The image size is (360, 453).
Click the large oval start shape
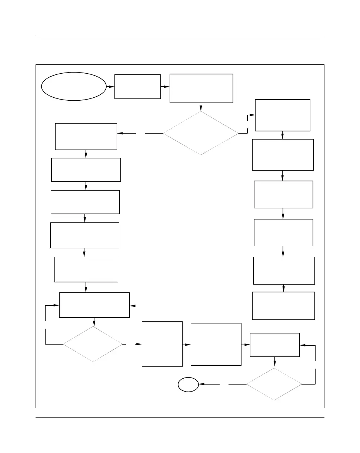[x=74, y=86]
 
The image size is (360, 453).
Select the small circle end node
[x=188, y=385]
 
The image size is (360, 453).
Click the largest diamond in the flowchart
[x=201, y=133]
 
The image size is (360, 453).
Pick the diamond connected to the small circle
[x=274, y=384]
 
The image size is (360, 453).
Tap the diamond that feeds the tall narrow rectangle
[x=93, y=344]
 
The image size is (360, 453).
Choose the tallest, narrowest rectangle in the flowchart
[x=162, y=344]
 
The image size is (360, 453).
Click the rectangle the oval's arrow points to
[x=138, y=87]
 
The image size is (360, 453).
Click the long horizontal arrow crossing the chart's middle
[x=191, y=306]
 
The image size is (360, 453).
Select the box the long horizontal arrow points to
[x=94, y=305]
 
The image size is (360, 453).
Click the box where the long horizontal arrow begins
[x=283, y=306]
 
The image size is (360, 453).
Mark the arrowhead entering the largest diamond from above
[x=201, y=109]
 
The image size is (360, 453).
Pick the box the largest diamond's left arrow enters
[x=86, y=137]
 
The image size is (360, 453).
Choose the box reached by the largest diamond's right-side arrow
[x=283, y=115]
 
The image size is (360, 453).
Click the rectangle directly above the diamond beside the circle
[x=275, y=345]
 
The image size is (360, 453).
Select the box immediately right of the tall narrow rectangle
[x=216, y=345]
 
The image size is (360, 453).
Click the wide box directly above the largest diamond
[x=201, y=88]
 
